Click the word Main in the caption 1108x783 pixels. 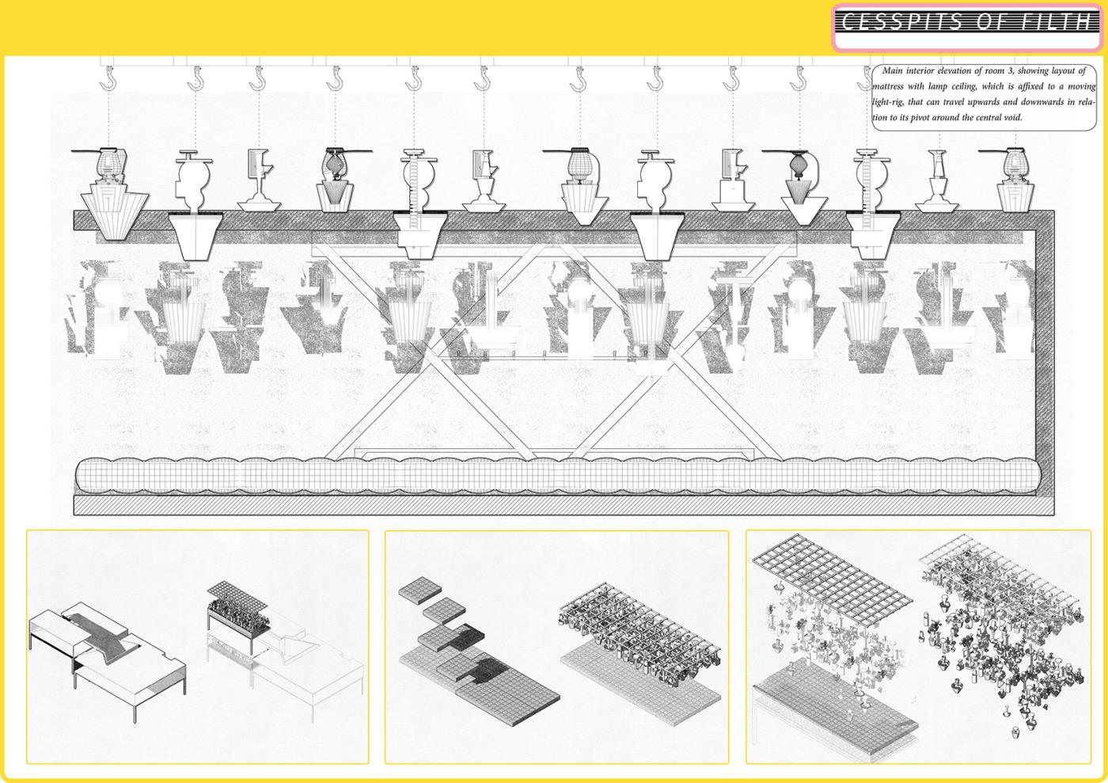point(893,70)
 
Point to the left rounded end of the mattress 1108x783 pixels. point(82,476)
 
